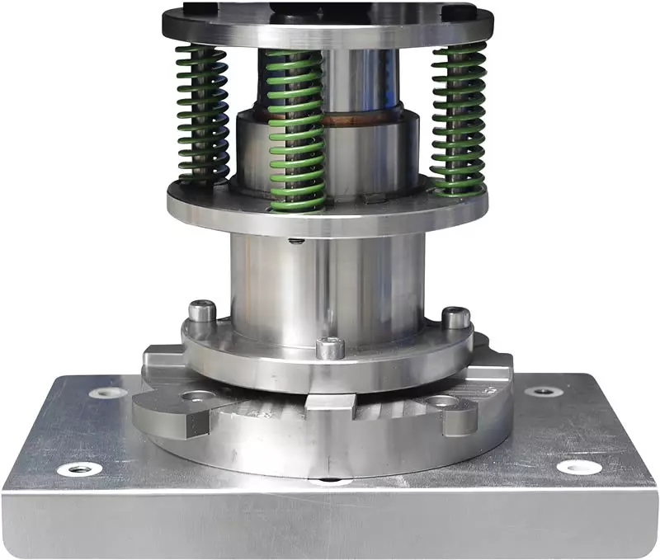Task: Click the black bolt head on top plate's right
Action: pyautogui.click(x=459, y=12)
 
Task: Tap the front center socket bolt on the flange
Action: pyautogui.click(x=330, y=347)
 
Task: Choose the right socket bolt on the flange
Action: pyautogui.click(x=456, y=318)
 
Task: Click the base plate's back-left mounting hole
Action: pyautogui.click(x=108, y=393)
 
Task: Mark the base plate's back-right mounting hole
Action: pyautogui.click(x=543, y=391)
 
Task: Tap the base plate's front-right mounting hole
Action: pyautogui.click(x=578, y=467)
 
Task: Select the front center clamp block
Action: pyautogui.click(x=330, y=403)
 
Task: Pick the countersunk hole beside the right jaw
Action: pyautogui.click(x=441, y=402)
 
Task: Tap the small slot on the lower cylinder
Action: pyautogui.click(x=295, y=241)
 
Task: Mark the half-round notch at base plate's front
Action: pyautogui.click(x=330, y=479)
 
